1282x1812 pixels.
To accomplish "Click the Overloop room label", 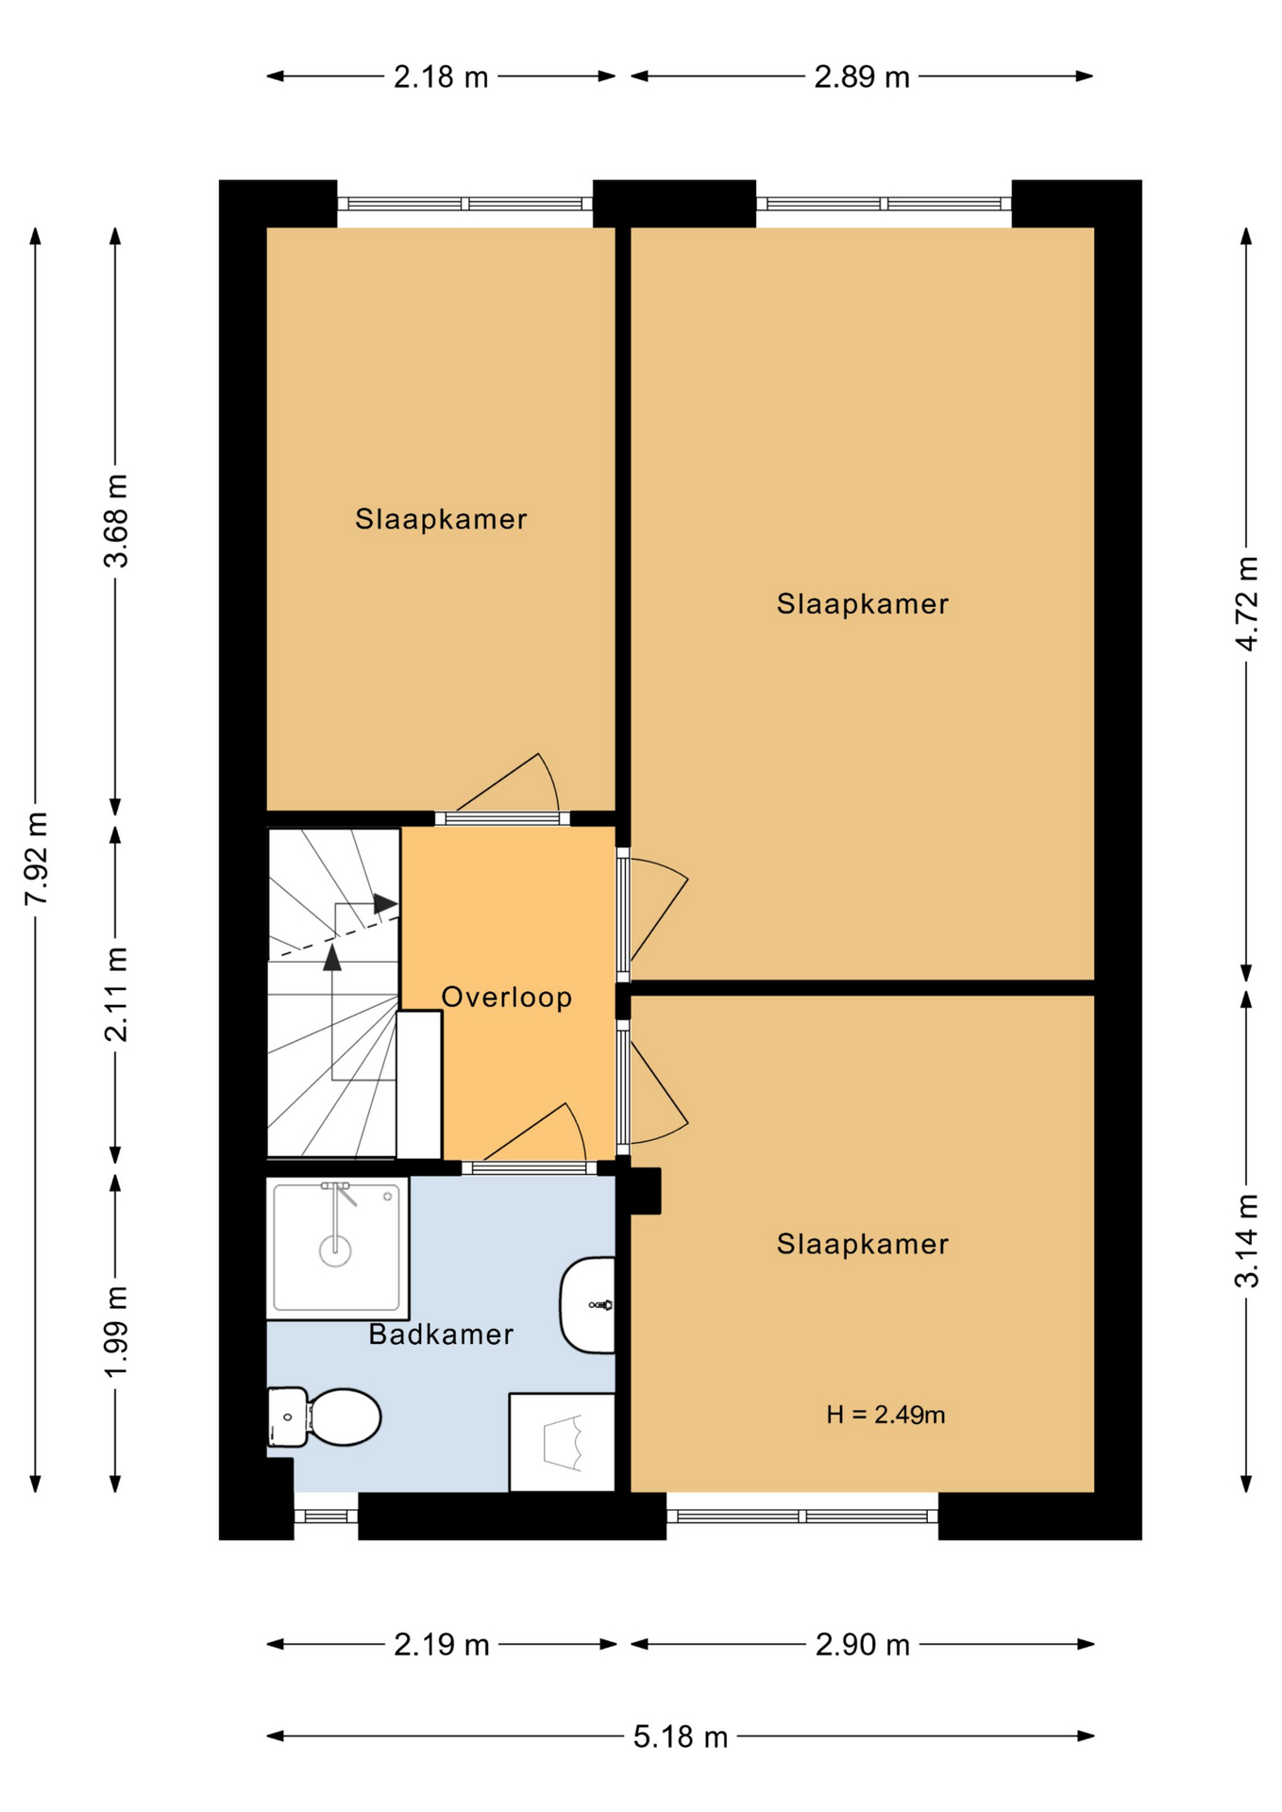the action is tap(507, 997).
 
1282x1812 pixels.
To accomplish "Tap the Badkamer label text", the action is tap(441, 1334).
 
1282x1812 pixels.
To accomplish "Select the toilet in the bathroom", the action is tap(324, 1417).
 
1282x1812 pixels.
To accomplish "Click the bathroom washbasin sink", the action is tap(587, 1305).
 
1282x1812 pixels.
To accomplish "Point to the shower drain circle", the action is tap(335, 1251).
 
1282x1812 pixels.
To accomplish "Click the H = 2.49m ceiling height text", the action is tap(886, 1414).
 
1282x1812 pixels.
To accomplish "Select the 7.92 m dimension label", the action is tap(36, 858).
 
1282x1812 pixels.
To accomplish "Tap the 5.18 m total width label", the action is tap(680, 1736).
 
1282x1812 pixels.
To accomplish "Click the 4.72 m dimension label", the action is tap(1246, 604).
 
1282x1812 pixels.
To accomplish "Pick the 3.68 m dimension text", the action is tap(115, 521).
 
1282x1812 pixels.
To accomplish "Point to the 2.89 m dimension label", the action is tap(862, 76).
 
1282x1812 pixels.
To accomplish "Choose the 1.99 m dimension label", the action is tap(115, 1332).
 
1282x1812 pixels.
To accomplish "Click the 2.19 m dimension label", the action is tap(442, 1645).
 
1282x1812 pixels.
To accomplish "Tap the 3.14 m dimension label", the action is tap(1246, 1241).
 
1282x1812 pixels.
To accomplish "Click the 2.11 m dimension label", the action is tap(115, 995).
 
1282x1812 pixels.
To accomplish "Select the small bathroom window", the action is tap(326, 1516).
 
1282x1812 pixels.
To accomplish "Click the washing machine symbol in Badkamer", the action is tap(562, 1442).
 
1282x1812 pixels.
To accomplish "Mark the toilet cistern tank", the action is tap(287, 1417).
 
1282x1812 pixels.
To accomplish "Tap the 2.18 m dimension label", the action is tap(441, 76).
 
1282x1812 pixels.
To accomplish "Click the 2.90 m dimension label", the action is tap(863, 1645).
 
